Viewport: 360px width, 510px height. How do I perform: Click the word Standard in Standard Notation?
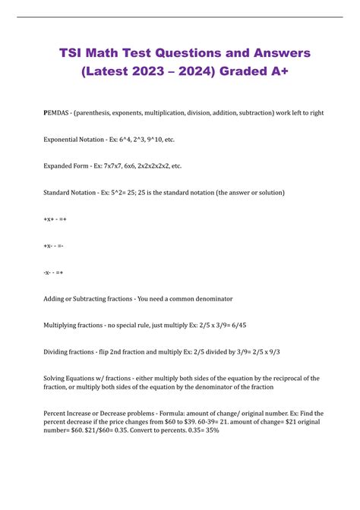[60, 193]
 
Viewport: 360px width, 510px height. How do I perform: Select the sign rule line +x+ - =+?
[55, 219]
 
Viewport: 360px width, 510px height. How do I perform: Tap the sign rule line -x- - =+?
[54, 272]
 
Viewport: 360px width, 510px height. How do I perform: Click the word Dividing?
[59, 351]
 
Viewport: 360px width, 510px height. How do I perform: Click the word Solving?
[58, 378]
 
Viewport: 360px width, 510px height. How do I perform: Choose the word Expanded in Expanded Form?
[61, 166]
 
